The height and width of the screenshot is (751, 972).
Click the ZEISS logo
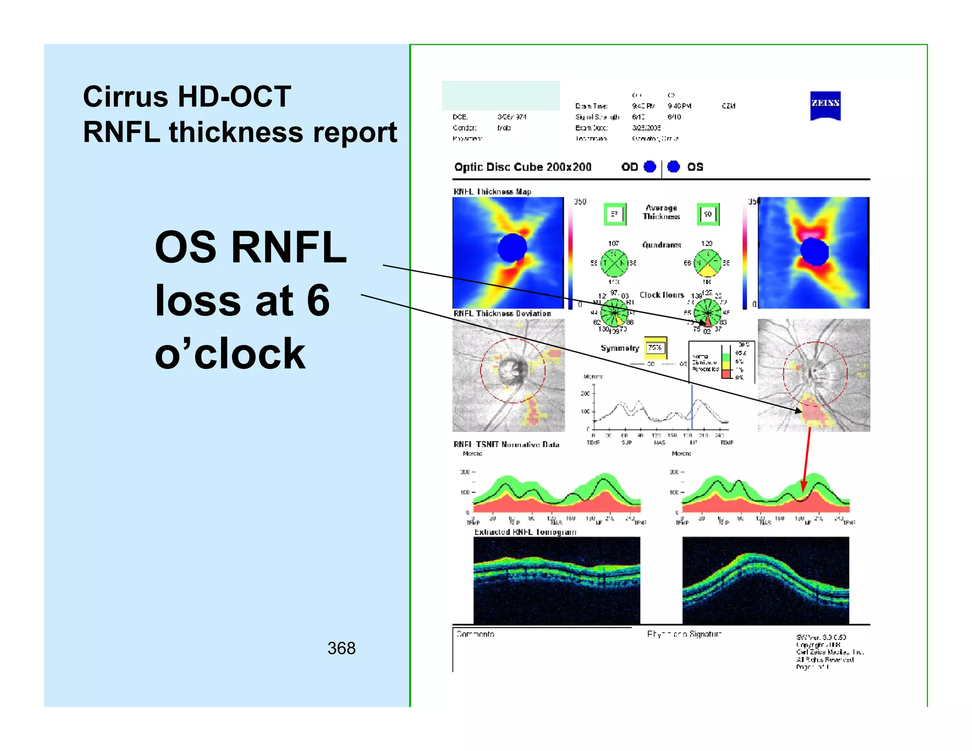coord(825,105)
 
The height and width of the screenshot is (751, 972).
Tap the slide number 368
coord(341,648)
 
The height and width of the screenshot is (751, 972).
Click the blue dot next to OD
coord(650,167)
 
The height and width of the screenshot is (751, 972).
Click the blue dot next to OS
coord(673,167)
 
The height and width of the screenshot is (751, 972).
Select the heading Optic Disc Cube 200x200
coord(523,167)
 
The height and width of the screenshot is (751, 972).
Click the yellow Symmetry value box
coord(655,348)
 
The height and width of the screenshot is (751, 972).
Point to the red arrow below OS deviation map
coord(806,460)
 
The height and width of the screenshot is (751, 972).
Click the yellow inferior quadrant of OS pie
coord(708,271)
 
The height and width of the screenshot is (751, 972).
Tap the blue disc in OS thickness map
coord(814,252)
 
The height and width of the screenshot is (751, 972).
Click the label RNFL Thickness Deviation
coord(502,314)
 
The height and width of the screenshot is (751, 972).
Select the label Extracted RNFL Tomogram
coord(525,532)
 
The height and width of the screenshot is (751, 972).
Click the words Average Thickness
coord(661,212)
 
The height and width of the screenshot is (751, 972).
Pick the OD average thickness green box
coord(615,214)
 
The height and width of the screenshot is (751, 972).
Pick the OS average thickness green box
coord(708,214)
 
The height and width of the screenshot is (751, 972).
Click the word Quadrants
coord(662,245)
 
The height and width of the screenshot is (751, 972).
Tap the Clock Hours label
coord(662,295)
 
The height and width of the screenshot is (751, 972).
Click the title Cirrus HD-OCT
coord(187,96)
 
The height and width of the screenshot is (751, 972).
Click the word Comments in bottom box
coord(475,634)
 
